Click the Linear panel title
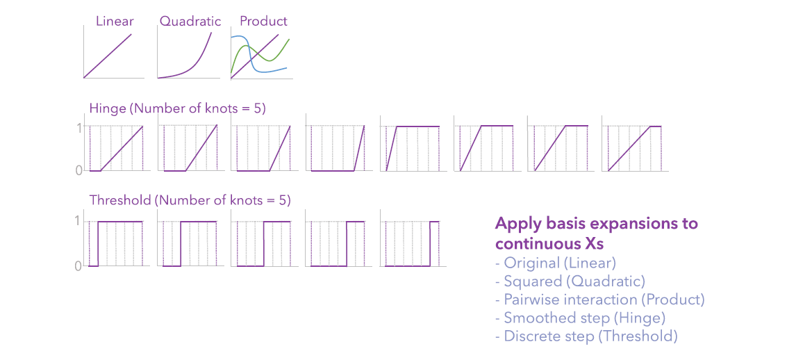(114, 21)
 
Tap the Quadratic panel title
(190, 21)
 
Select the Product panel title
(264, 21)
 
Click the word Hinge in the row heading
(107, 108)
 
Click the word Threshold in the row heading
(119, 201)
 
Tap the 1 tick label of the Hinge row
(79, 128)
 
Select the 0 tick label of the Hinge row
(79, 170)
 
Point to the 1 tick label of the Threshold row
(79, 222)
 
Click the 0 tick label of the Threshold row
(79, 265)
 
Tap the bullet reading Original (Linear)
(556, 263)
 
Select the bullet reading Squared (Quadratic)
(570, 281)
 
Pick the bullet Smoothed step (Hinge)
(580, 318)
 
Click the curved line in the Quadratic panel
(198, 63)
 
